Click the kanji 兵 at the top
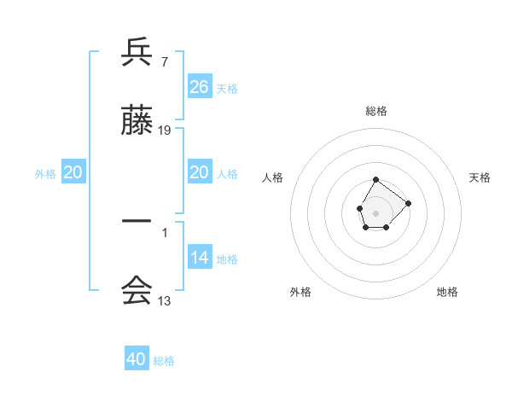coord(137,53)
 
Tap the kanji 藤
coord(137,122)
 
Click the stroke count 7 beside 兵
coord(164,62)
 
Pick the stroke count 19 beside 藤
coord(165,131)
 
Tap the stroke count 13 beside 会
coord(165,300)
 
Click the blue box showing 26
coord(200,87)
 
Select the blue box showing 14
coord(200,258)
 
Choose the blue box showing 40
coord(137,359)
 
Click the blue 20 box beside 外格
coord(73,172)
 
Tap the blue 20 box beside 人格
coord(200,172)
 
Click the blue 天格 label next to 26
coord(227,89)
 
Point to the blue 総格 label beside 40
coord(164,361)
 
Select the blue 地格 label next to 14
coord(227,259)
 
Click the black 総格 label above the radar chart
coord(376,111)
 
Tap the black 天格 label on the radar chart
coord(480,177)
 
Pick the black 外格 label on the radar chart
coord(300,292)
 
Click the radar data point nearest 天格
coord(408,203)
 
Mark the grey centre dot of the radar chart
coord(376,212)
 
